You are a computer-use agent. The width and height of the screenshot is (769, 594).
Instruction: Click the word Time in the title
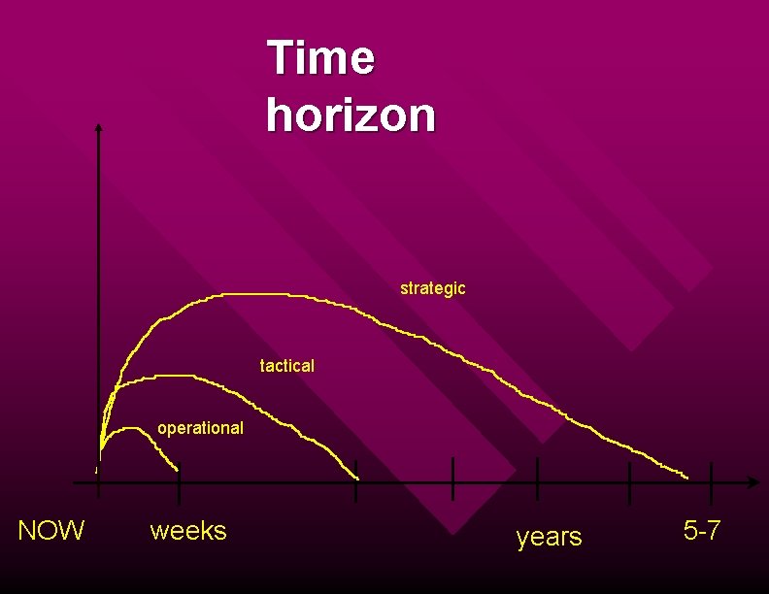point(320,57)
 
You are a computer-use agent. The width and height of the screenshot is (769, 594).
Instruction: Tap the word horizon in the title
point(351,115)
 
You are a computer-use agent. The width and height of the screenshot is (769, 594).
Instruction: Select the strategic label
point(432,288)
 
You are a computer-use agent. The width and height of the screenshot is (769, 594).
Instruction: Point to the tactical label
point(287,366)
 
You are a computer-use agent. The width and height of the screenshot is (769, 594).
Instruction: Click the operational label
point(200,428)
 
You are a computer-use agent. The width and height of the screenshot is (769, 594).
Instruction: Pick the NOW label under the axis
point(51,530)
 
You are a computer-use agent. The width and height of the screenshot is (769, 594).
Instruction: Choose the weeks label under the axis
point(188,531)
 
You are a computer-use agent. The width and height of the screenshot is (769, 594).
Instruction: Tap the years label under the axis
point(549,536)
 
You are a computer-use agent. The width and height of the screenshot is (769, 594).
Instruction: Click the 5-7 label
point(702,530)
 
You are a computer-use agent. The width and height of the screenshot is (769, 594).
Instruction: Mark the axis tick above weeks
point(180,481)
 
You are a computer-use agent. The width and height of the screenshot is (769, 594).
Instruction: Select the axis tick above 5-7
point(712,482)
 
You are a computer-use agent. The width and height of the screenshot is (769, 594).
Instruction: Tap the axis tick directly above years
point(537,479)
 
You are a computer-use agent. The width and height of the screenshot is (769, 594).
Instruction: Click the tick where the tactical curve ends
point(356,481)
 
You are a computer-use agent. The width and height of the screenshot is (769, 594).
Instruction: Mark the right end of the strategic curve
point(686,478)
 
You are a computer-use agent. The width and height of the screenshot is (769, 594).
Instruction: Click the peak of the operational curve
point(130,428)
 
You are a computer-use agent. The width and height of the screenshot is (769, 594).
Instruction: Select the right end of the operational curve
point(178,470)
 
